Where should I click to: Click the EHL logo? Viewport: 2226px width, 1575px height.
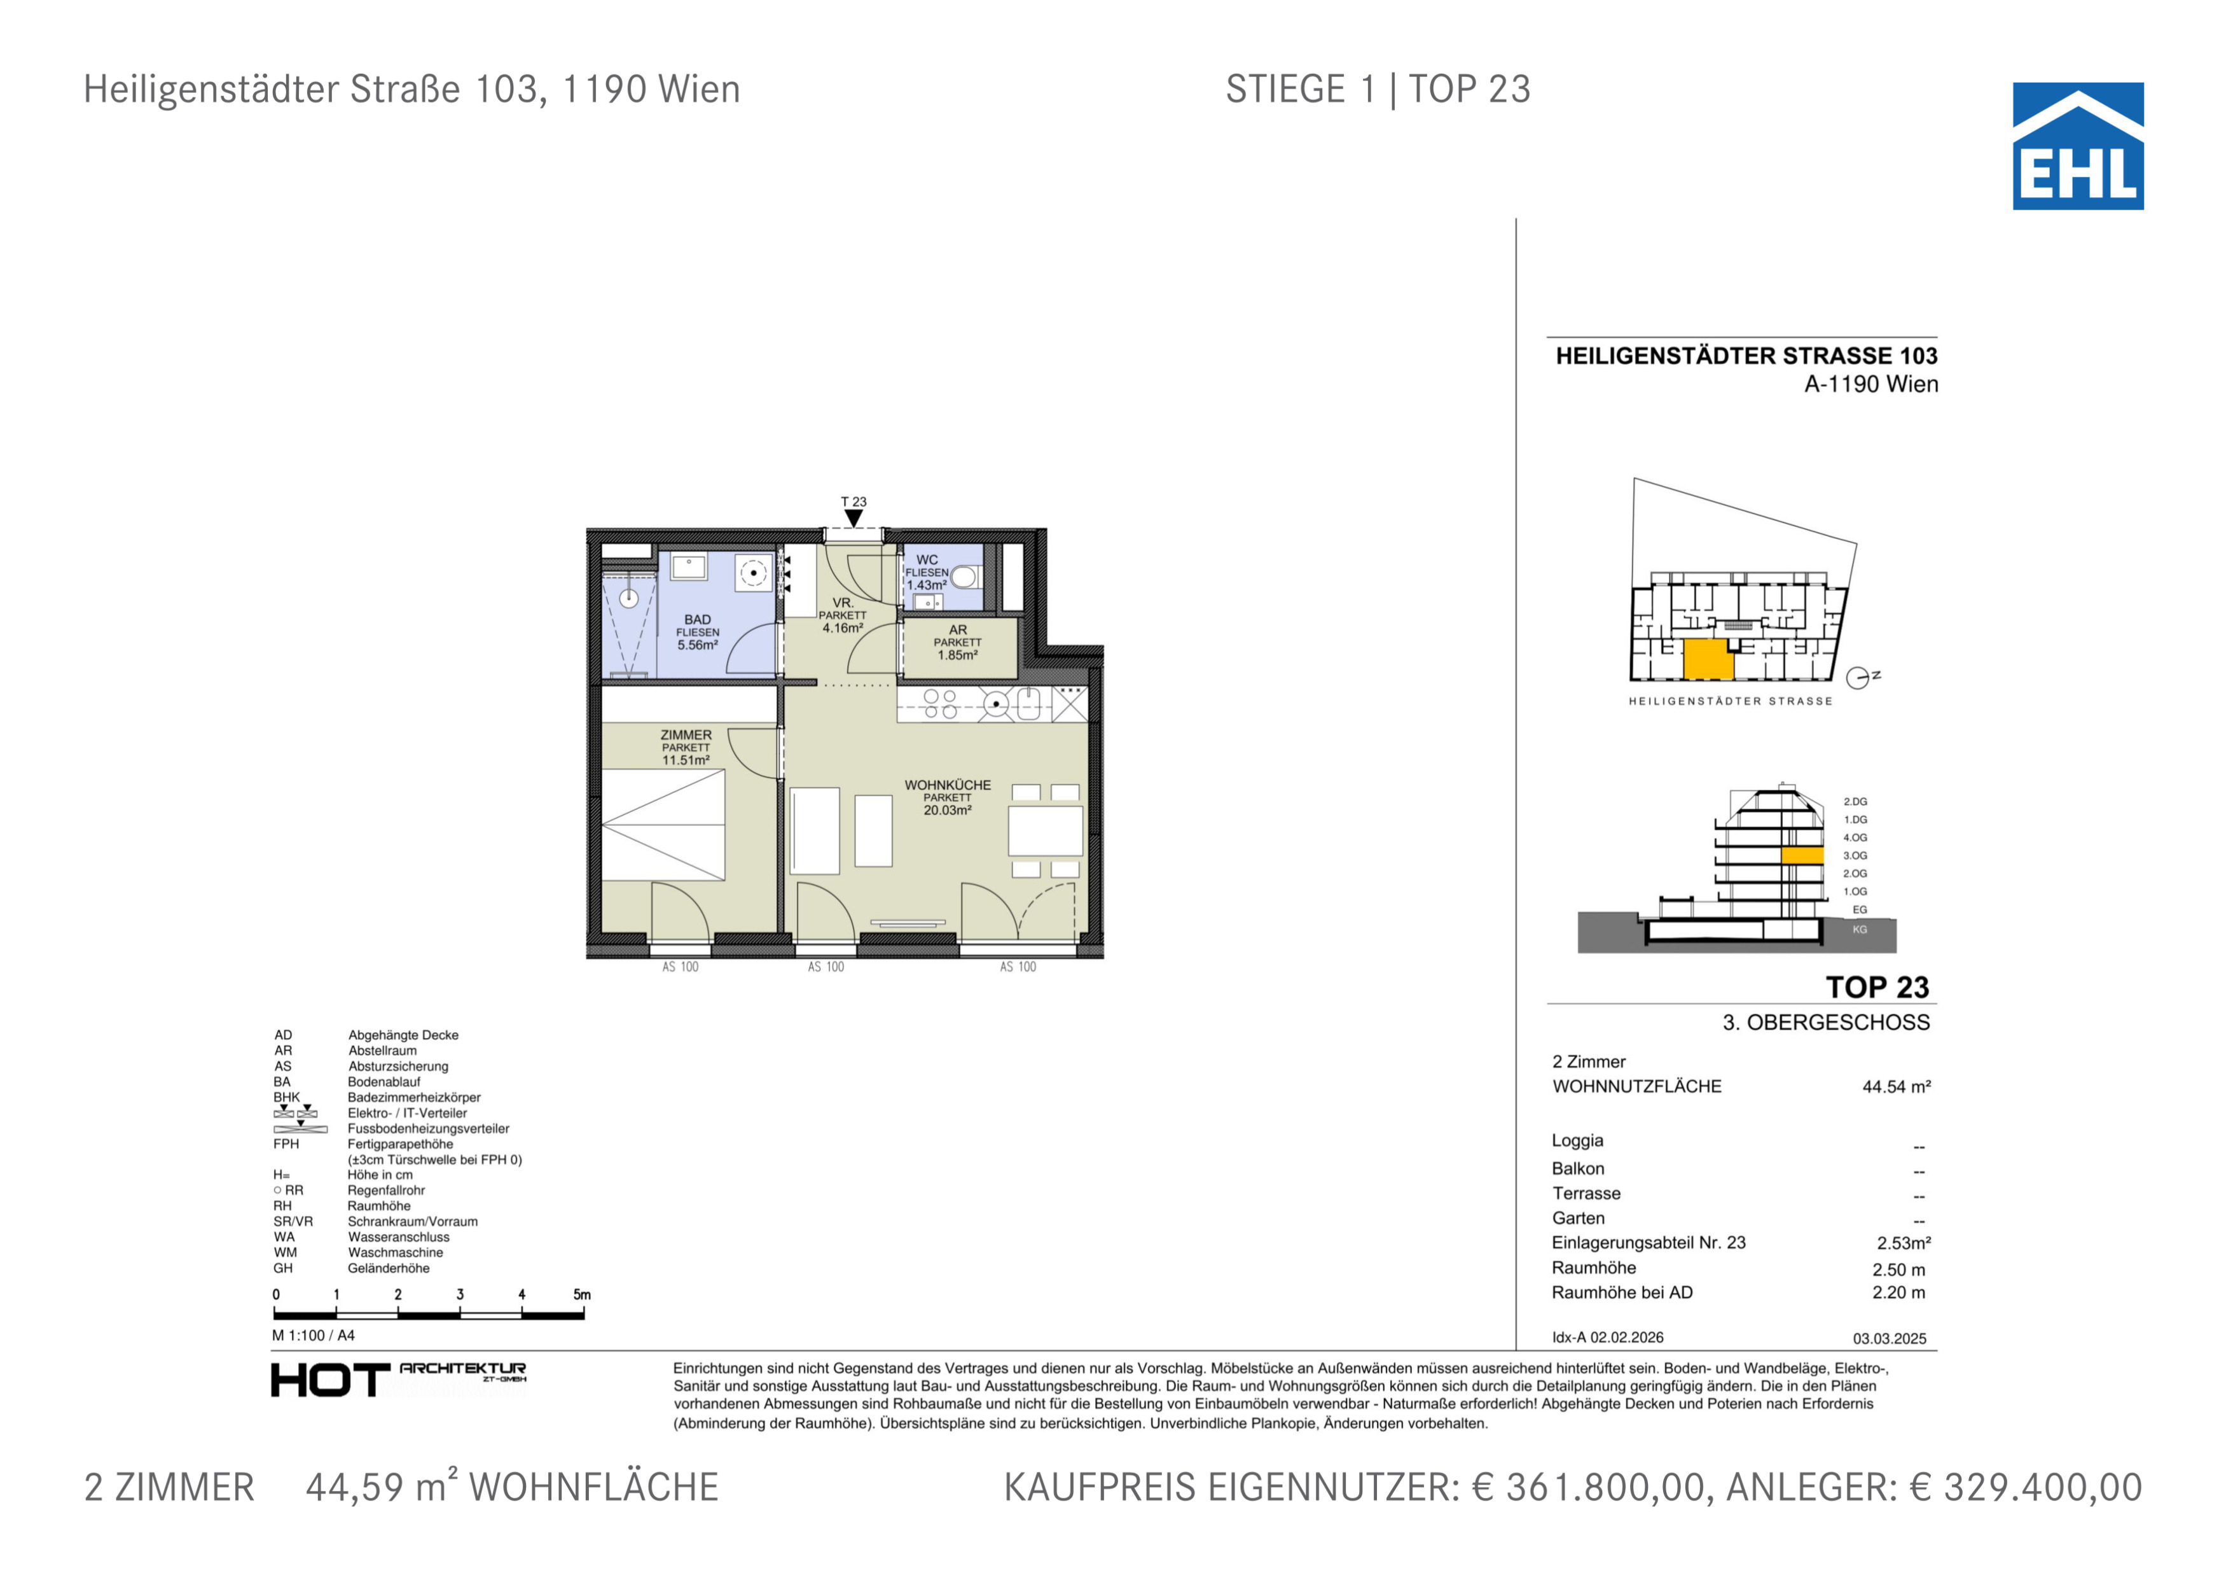pos(2078,146)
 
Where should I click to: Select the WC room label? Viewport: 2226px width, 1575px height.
pos(927,559)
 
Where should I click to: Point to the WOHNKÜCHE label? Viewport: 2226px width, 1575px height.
pos(947,785)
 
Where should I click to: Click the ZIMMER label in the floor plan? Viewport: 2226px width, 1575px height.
pos(686,735)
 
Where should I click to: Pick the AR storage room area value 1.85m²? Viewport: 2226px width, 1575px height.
pos(957,655)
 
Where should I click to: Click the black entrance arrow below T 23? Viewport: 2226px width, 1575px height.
pos(853,519)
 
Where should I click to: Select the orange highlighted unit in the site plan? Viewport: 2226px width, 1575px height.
pos(1707,659)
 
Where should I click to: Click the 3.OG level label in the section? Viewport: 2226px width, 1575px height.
pos(1855,855)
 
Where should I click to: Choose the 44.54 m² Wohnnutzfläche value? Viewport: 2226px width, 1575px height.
pos(1895,1087)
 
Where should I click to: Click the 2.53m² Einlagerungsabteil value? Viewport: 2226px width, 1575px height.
pos(1903,1243)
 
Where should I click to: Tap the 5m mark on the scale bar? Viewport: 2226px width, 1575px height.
pos(582,1295)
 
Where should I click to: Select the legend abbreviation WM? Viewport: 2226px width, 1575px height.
pos(285,1252)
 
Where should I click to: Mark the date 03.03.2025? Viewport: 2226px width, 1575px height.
pos(1890,1338)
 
